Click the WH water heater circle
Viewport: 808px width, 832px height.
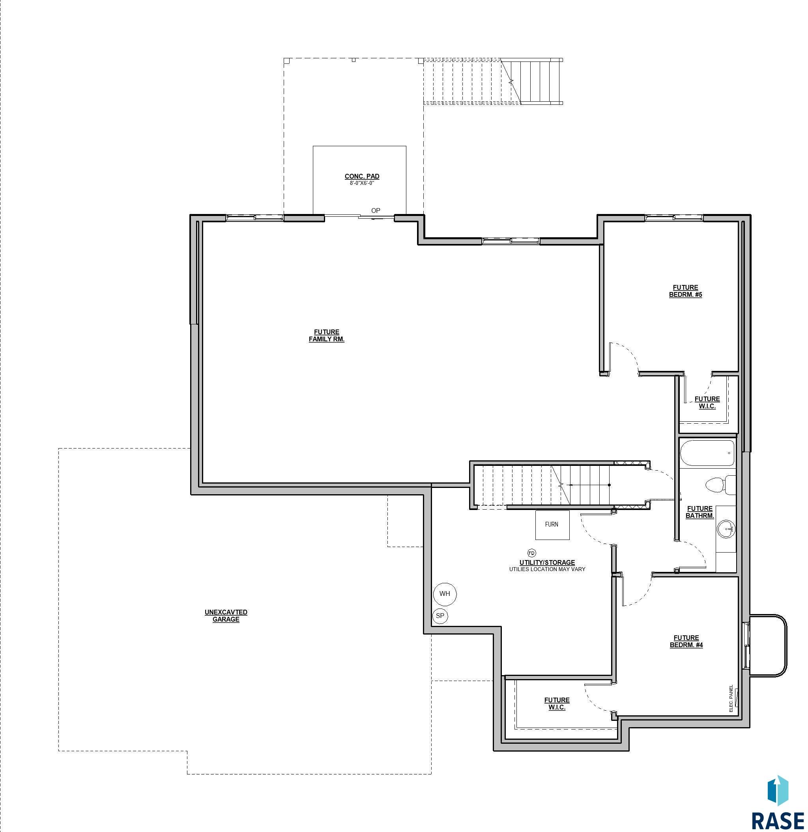444,594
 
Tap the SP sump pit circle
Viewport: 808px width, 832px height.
440,616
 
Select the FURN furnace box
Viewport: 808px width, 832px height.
552,525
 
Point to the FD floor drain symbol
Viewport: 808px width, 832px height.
531,553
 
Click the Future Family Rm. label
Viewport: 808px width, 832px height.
326,335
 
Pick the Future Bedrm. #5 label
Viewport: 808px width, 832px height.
685,291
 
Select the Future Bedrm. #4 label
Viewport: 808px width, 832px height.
686,641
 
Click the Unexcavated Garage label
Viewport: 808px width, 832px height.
226,616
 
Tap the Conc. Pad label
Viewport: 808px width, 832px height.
362,176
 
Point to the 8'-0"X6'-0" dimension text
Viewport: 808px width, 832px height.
362,183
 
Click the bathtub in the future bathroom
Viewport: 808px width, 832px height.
707,453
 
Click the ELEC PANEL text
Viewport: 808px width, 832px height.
731,698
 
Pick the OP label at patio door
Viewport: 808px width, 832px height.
376,210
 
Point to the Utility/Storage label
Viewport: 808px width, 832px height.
547,562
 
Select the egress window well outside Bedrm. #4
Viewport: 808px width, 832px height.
768,645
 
